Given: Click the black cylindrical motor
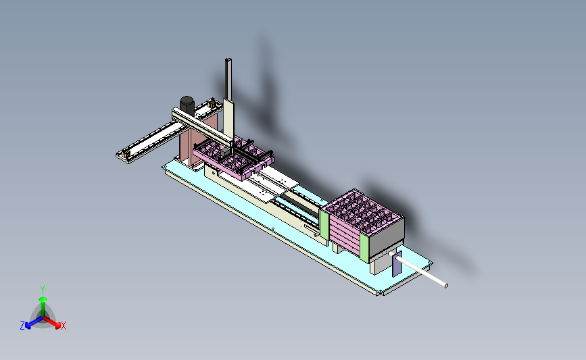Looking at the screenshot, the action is (187, 105).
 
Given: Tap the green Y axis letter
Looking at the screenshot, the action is (42, 290).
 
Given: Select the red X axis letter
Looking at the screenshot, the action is (63, 326).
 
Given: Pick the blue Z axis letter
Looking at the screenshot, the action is (22, 326).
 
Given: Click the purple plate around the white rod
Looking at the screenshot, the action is (397, 263).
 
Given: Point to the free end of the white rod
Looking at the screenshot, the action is (446, 286).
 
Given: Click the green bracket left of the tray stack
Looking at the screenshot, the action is (324, 224).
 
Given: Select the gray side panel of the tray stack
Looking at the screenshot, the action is (387, 236).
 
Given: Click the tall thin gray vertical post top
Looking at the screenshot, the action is (228, 59).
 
